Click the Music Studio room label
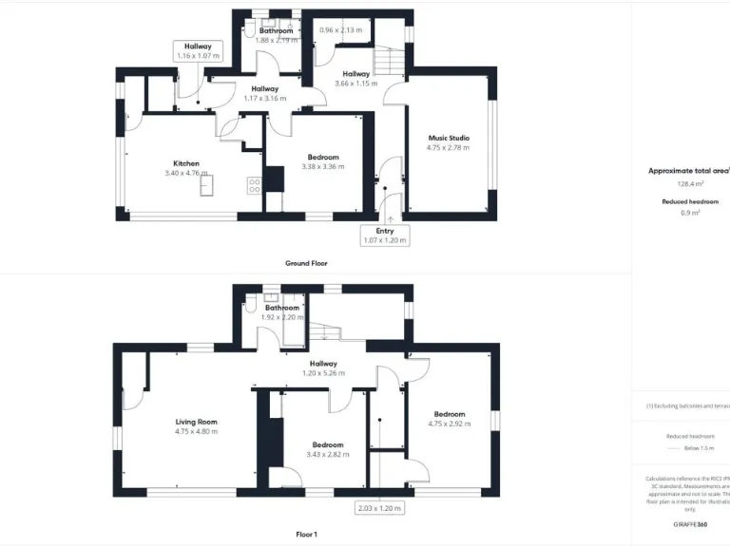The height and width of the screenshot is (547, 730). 448,139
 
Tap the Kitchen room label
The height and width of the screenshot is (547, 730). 185,163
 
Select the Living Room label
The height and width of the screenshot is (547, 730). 196,422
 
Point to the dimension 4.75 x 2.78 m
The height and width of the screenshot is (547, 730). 448,148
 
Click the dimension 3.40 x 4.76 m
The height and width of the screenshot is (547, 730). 185,174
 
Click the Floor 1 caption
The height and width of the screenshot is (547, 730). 306,535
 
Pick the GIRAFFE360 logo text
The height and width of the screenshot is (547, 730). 689,524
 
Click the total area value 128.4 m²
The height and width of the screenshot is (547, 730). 690,184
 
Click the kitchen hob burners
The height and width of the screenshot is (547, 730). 254,185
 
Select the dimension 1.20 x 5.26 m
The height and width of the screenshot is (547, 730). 323,373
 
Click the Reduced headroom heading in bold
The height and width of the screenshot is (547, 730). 690,202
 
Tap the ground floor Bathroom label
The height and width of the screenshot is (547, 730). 276,30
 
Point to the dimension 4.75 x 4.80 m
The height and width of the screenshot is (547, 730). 196,432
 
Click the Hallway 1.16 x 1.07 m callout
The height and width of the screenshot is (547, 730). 198,51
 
